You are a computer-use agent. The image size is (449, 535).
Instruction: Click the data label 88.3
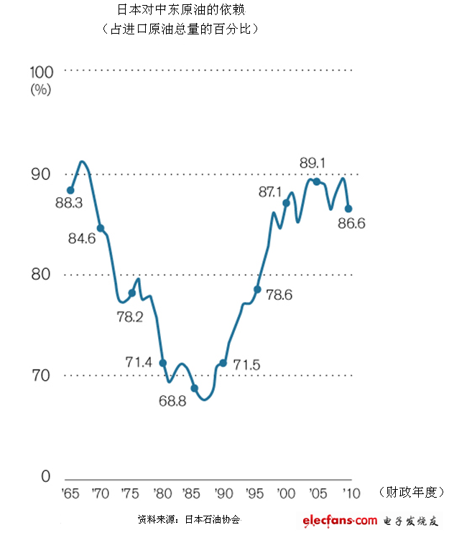pos(69,203)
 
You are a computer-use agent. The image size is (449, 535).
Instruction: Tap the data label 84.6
pos(82,238)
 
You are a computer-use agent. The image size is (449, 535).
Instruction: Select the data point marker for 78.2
pos(131,293)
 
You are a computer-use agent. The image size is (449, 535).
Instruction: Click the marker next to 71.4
pos(163,363)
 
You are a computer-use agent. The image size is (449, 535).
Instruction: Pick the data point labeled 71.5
pos(223,363)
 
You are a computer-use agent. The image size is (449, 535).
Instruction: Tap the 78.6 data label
pos(279,295)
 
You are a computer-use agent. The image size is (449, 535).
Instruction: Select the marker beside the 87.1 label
pos(286,203)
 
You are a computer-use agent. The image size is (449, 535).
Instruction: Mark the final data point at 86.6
pos(348,209)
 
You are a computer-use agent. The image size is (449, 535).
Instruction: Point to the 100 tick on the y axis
pos(41,72)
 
